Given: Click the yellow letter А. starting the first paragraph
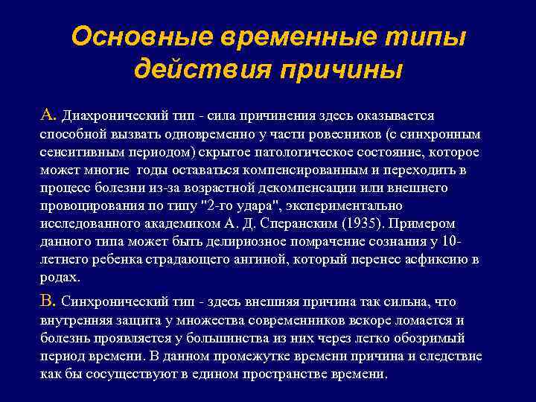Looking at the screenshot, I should (48, 115).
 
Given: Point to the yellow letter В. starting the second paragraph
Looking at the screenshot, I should (48, 301).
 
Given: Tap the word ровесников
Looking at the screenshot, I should (340, 135).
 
